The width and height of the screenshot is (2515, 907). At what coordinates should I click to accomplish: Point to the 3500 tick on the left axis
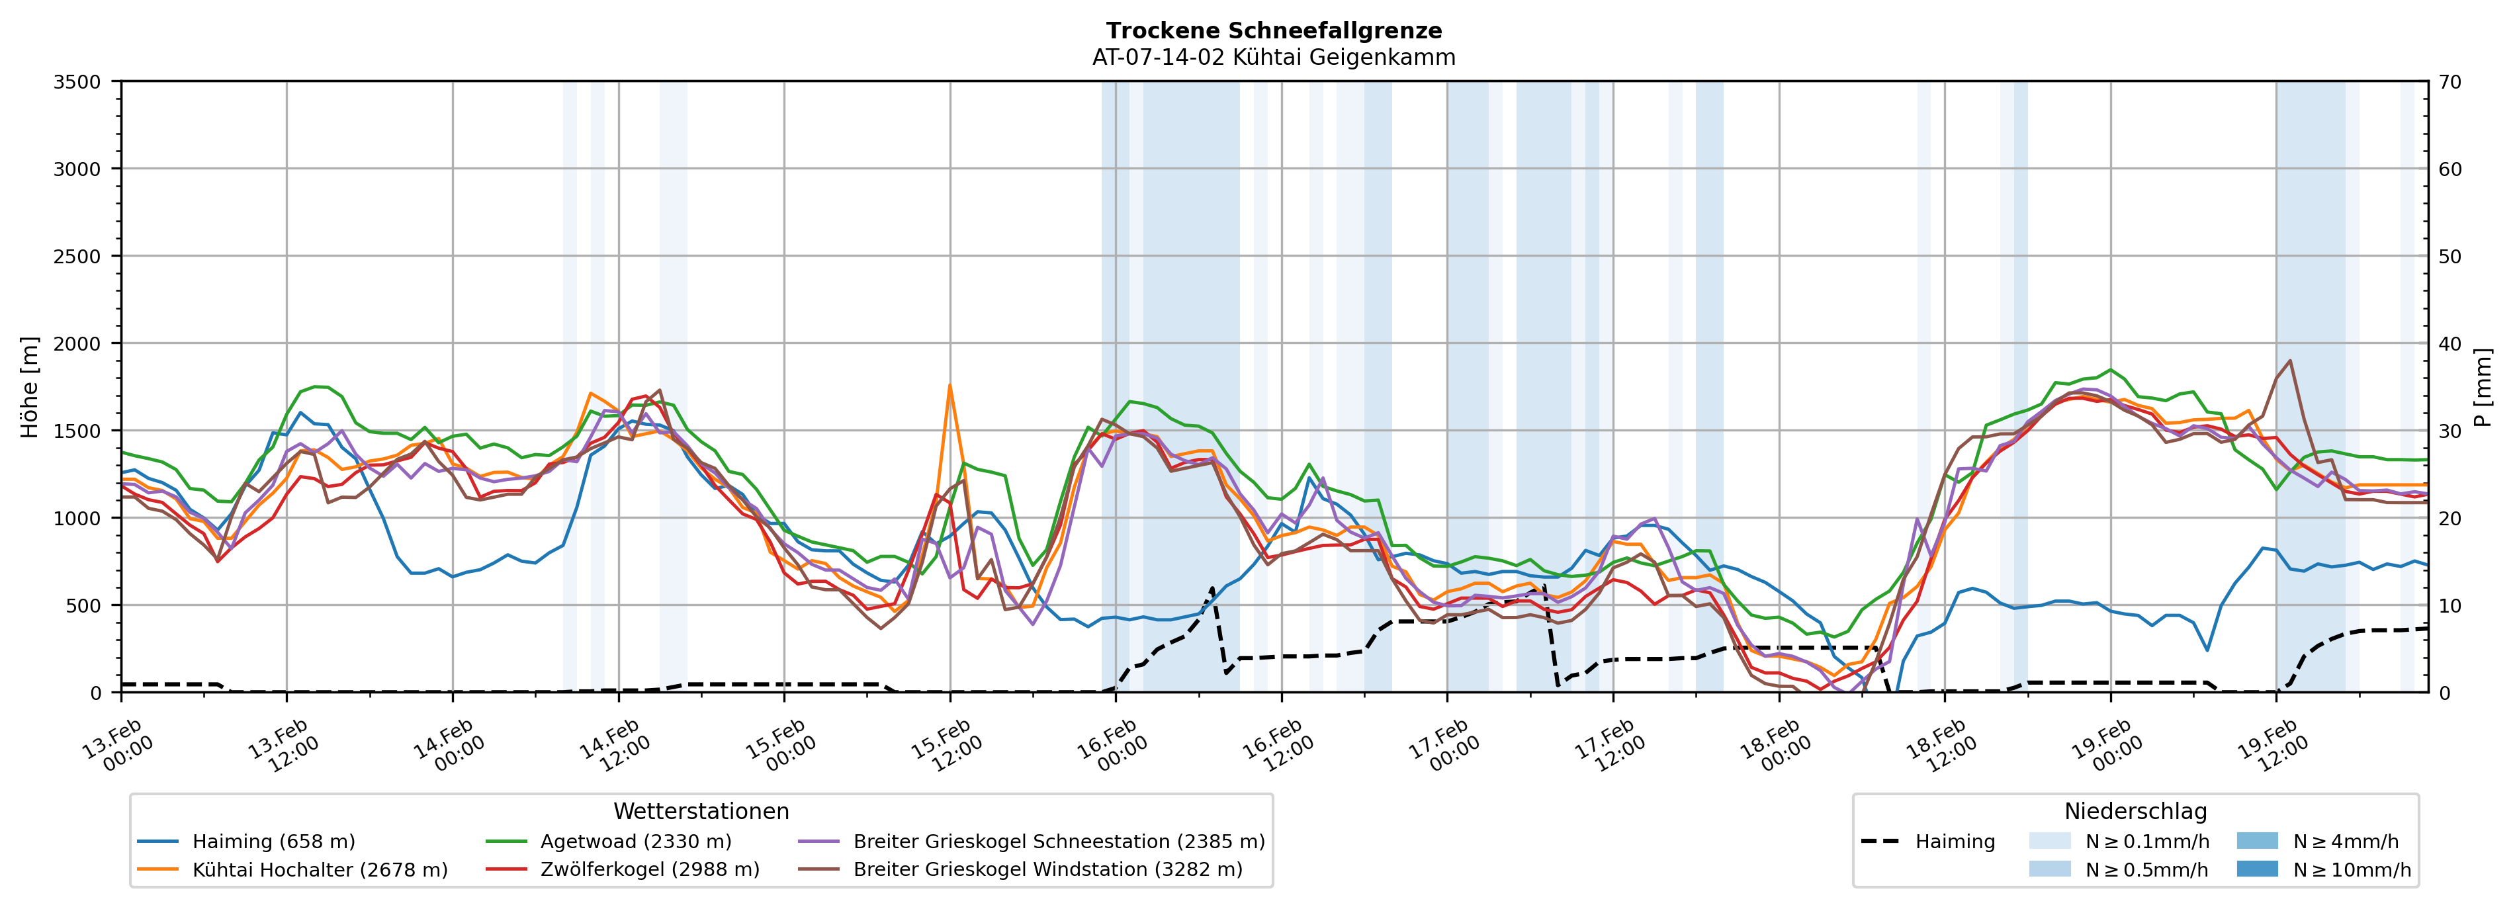coord(77,82)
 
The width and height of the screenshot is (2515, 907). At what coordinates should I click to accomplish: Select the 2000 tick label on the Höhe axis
coord(77,343)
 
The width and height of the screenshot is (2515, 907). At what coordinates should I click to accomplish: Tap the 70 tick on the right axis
coord(2449,82)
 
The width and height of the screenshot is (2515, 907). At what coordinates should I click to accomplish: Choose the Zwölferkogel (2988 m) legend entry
coord(649,869)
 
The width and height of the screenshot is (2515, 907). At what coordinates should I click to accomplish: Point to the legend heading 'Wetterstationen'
coord(701,811)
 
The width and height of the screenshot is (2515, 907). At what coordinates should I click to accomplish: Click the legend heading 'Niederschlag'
coord(2135,811)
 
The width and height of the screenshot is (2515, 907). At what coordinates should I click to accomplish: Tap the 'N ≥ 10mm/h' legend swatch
coord(2256,869)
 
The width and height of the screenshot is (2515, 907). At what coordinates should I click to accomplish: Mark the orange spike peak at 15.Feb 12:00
coord(949,386)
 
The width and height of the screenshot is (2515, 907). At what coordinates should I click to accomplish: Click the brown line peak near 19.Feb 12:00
coord(2289,361)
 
